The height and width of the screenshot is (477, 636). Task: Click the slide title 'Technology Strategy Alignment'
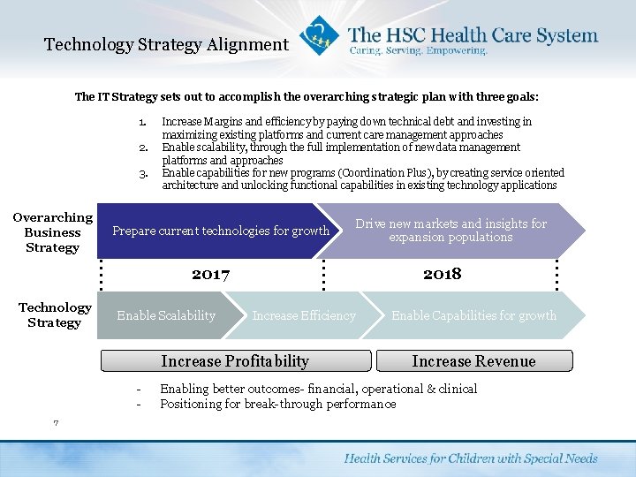tap(166, 44)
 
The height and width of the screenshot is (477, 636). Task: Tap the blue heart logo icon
tap(317, 36)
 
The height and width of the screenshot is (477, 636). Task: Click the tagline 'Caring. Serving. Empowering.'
tap(418, 51)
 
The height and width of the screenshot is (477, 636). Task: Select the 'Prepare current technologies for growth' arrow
tap(220, 231)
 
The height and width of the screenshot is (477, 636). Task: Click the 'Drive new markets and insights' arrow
tap(450, 231)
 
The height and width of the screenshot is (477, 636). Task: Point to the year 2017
tap(210, 274)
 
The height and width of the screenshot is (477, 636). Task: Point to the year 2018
tap(442, 274)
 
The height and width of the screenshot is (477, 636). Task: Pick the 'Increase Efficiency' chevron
tap(304, 315)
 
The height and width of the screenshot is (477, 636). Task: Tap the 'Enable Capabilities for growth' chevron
tap(473, 315)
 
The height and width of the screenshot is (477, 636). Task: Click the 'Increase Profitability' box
tap(235, 360)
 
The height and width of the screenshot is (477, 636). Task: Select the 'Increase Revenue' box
tap(473, 360)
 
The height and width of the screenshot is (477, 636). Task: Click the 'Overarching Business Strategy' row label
tap(52, 232)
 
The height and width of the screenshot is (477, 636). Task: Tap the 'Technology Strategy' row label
tap(55, 315)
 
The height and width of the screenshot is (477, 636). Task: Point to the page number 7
tap(56, 423)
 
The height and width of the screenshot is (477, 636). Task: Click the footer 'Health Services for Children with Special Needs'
tap(470, 458)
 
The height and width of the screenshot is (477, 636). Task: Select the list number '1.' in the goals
tap(142, 122)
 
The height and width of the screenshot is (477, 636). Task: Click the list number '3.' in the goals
tap(142, 173)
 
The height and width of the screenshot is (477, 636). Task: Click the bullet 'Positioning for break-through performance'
tap(278, 404)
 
